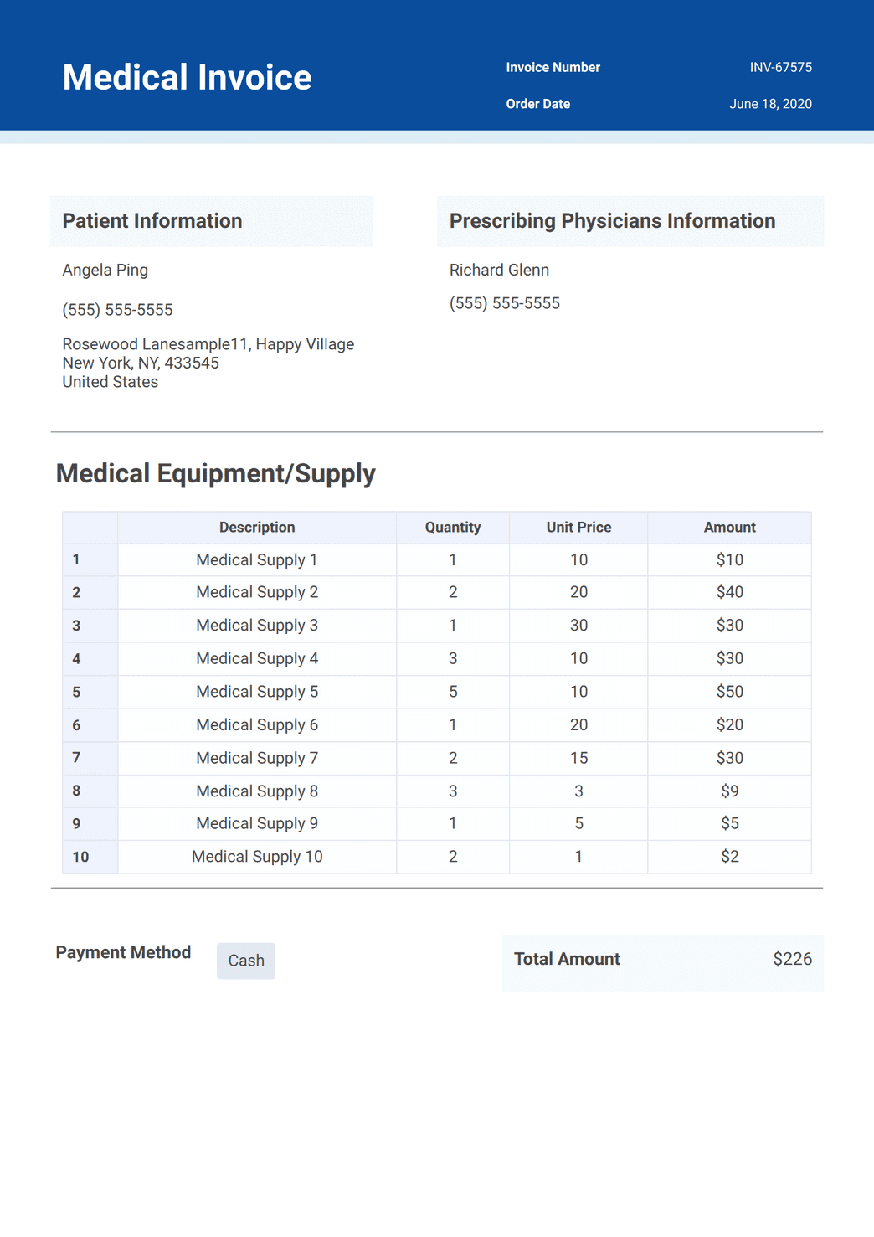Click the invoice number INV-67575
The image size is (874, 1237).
click(x=780, y=67)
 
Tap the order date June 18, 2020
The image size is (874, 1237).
click(x=770, y=104)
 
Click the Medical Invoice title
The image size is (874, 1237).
click(x=187, y=77)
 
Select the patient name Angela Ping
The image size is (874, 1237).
click(x=105, y=270)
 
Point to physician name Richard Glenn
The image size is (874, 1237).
click(x=499, y=270)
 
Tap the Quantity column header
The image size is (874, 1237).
click(x=453, y=528)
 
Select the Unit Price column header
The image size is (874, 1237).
click(x=578, y=528)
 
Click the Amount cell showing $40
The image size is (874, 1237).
click(x=729, y=592)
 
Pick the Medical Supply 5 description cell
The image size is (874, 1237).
click(x=257, y=692)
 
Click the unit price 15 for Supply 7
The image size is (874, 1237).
click(x=578, y=758)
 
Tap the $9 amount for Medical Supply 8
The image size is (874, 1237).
click(x=729, y=791)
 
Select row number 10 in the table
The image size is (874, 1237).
click(x=80, y=857)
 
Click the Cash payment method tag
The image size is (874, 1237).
click(x=245, y=961)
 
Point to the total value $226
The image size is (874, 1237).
click(x=792, y=959)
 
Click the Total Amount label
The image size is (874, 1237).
click(x=567, y=959)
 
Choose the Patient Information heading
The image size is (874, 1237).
click(x=152, y=221)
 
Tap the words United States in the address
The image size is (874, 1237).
click(x=110, y=382)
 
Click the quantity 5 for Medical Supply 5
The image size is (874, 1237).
click(x=453, y=692)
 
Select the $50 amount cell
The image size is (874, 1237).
click(x=729, y=692)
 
